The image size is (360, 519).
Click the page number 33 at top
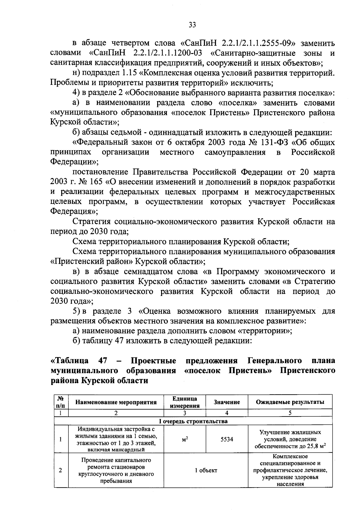(192, 25)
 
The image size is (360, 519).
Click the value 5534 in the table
(227, 440)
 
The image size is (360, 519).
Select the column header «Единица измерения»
(185, 402)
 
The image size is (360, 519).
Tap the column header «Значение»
(227, 402)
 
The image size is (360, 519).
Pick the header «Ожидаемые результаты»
(290, 402)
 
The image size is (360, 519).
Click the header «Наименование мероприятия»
(116, 402)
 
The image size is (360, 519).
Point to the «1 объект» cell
(206, 470)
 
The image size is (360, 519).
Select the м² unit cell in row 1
(185, 440)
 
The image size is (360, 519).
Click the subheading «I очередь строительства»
(193, 421)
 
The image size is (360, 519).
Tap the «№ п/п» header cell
(61, 402)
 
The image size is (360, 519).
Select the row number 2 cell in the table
(61, 470)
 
